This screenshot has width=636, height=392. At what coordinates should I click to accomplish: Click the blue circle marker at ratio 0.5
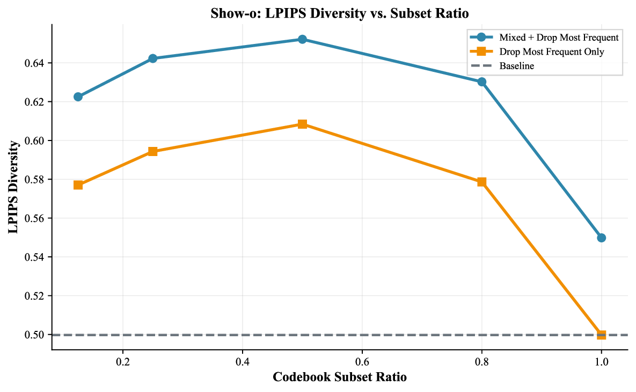pyautogui.click(x=302, y=39)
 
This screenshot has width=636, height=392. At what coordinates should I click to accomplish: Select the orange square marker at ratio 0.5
pyautogui.click(x=302, y=124)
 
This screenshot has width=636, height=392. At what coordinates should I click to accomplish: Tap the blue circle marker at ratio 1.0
pyautogui.click(x=601, y=238)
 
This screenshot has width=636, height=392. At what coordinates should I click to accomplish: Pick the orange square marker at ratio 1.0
pyautogui.click(x=601, y=335)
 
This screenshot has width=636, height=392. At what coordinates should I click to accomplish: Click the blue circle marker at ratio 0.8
pyautogui.click(x=481, y=82)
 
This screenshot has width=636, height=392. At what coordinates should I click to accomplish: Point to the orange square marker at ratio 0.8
pyautogui.click(x=481, y=182)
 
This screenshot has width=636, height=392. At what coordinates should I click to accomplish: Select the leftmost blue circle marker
pyautogui.click(x=78, y=97)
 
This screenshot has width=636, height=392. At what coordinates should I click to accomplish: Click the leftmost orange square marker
pyautogui.click(x=78, y=185)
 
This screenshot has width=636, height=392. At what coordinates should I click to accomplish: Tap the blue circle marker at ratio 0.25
pyautogui.click(x=152, y=58)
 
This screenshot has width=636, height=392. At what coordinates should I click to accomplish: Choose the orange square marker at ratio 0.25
pyautogui.click(x=152, y=151)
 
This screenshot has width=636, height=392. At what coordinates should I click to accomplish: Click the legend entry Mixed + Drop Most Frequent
pyautogui.click(x=559, y=38)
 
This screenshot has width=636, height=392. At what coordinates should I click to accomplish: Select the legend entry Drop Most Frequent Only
pyautogui.click(x=551, y=52)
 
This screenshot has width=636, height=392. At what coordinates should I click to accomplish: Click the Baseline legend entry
pyautogui.click(x=516, y=66)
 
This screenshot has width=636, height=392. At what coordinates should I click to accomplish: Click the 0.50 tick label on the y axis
pyautogui.click(x=35, y=335)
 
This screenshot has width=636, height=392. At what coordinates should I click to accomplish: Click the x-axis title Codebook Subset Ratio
pyautogui.click(x=340, y=378)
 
